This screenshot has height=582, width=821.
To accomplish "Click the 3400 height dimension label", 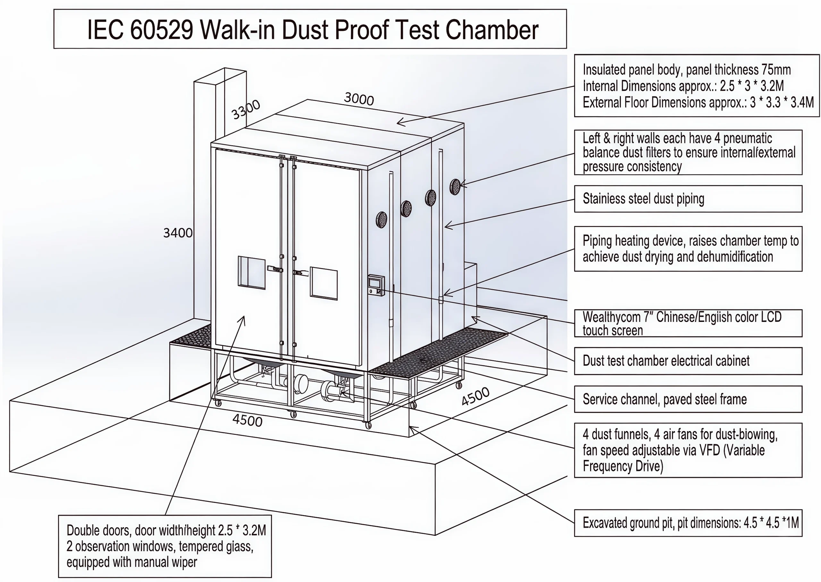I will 178,233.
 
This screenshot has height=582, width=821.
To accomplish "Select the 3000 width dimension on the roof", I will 359,98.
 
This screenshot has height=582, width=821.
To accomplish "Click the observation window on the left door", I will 251,272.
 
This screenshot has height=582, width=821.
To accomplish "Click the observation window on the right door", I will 324,283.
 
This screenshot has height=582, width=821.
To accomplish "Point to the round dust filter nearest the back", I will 455,187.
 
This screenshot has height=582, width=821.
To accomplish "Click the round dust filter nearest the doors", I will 381,219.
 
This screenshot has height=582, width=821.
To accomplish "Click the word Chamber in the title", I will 492,30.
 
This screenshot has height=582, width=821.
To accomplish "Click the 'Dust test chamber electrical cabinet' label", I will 666,361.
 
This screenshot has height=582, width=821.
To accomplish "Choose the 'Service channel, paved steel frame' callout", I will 664,399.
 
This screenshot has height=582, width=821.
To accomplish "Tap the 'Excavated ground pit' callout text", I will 690,523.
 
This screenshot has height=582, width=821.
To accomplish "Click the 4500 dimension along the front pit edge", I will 247,420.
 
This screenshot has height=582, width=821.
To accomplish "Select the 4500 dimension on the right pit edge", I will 475,396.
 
